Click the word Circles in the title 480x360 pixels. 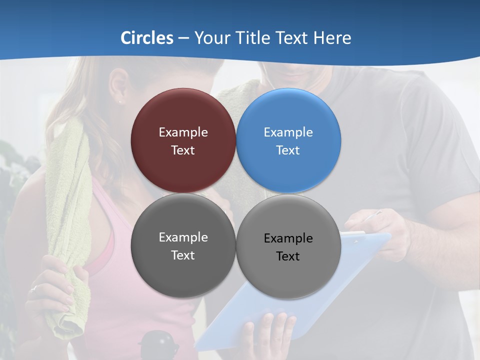147,38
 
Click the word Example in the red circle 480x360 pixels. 183,132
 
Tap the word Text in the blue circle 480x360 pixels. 288,150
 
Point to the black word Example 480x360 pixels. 288,238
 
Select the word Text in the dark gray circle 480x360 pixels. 183,255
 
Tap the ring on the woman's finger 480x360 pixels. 33,288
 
